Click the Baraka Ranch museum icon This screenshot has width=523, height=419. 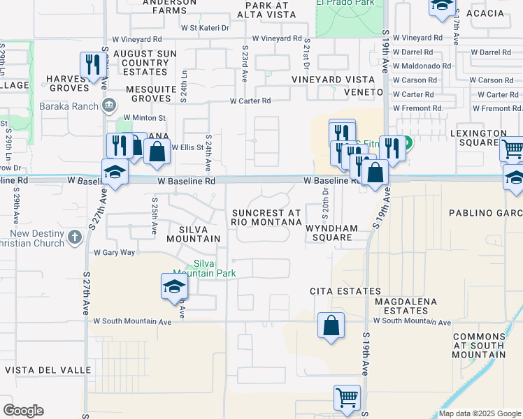[109, 105]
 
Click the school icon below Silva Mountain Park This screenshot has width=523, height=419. [174, 286]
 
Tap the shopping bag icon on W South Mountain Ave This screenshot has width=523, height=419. [331, 325]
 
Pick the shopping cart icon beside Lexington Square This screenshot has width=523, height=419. [513, 149]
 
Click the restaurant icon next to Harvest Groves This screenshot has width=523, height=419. [93, 66]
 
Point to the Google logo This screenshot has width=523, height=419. [23, 411]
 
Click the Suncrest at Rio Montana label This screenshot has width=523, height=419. [266, 217]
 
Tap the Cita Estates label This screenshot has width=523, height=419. [345, 291]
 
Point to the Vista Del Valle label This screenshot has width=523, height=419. [48, 369]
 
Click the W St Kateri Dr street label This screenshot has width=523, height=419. [205, 29]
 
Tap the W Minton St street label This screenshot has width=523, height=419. [144, 118]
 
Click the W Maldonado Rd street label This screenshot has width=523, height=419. [422, 66]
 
